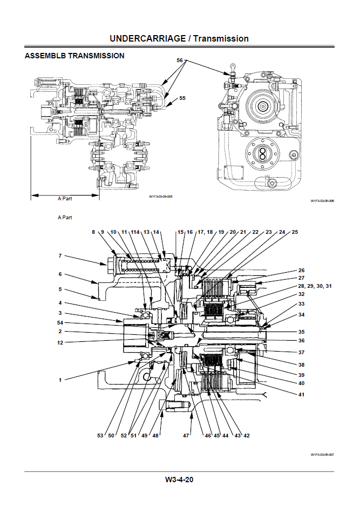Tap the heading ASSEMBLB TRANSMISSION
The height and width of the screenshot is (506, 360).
tap(74, 56)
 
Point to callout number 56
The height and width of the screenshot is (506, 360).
tap(180, 60)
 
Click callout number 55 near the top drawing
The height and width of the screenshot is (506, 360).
tap(182, 98)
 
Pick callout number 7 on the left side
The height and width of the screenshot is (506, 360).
tap(60, 255)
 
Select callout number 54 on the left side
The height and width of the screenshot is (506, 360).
tap(60, 322)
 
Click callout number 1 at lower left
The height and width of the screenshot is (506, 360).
tap(60, 380)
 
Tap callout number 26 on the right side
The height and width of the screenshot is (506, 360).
tap(301, 270)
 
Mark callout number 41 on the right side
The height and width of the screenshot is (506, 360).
tap(301, 395)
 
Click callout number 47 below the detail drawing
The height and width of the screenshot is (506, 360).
tap(187, 435)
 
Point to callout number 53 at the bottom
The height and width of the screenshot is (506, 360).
tap(100, 435)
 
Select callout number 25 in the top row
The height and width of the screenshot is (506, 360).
tap(295, 232)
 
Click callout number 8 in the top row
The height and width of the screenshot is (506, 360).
tap(93, 232)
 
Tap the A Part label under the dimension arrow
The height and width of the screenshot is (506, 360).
tap(65, 198)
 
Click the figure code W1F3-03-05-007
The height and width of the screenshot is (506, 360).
tap(322, 455)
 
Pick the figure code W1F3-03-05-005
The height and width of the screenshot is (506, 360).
tap(160, 197)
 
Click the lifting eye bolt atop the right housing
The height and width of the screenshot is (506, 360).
tap(231, 67)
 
